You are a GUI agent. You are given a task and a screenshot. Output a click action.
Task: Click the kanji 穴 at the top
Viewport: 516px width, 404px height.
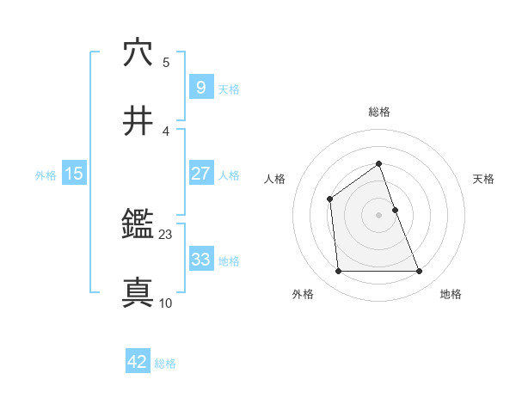tap(138, 52)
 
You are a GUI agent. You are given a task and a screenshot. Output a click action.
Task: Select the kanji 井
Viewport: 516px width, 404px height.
tap(138, 120)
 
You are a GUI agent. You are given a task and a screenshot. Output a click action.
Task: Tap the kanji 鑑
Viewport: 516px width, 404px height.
tap(138, 226)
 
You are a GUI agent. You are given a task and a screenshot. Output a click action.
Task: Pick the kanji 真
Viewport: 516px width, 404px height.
tap(138, 293)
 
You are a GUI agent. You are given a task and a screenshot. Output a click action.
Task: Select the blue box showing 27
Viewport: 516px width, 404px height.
tap(200, 174)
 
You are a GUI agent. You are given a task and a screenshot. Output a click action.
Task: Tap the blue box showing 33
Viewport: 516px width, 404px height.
tap(200, 259)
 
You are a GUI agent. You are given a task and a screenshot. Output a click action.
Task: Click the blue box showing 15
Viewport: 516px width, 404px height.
tap(74, 174)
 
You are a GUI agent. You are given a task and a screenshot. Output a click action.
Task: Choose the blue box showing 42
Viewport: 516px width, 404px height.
tap(138, 362)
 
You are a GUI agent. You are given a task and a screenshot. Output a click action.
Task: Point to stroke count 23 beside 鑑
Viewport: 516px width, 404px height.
tap(166, 234)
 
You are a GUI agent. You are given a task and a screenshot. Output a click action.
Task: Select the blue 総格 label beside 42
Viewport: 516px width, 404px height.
tap(165, 364)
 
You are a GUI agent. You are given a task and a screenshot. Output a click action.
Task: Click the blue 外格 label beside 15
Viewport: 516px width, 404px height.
tap(46, 175)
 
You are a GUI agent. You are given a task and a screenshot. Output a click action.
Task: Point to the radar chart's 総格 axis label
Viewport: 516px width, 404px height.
tap(378, 112)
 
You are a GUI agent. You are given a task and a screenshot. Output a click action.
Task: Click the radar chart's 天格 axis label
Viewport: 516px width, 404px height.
tap(483, 179)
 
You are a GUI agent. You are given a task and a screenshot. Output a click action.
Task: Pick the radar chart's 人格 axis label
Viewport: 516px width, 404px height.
tap(274, 179)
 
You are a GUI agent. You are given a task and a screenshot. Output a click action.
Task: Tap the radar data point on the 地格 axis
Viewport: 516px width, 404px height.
tap(419, 272)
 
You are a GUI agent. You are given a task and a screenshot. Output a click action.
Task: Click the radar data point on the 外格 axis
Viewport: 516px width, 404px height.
tap(338, 272)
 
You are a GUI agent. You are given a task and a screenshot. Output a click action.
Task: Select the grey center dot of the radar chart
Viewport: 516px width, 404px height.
tap(378, 215)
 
